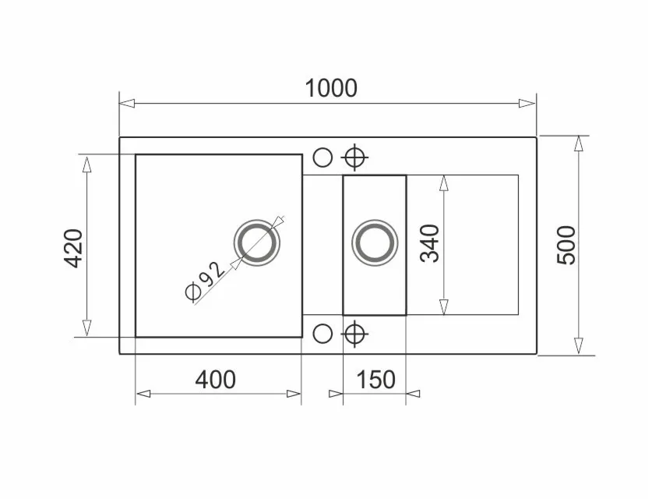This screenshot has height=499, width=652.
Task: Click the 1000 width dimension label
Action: [331, 88]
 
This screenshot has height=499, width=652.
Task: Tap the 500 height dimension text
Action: [567, 245]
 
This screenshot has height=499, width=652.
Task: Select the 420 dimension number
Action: [74, 247]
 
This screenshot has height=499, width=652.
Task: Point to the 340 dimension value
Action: [430, 243]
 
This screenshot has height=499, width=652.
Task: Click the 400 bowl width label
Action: [215, 380]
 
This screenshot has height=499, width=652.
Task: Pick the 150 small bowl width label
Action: [376, 380]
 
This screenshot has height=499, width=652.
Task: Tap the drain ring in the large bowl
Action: [256, 241]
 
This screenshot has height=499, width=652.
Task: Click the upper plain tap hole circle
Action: [322, 157]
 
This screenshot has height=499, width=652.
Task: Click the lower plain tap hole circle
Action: [322, 334]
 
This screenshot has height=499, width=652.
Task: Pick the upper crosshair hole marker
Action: [355, 157]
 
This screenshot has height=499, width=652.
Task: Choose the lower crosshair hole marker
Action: [355, 334]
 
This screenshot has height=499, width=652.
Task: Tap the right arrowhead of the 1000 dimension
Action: [529, 103]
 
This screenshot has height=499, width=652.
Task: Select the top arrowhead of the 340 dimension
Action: [443, 182]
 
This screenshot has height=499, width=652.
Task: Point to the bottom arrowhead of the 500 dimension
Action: [579, 346]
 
